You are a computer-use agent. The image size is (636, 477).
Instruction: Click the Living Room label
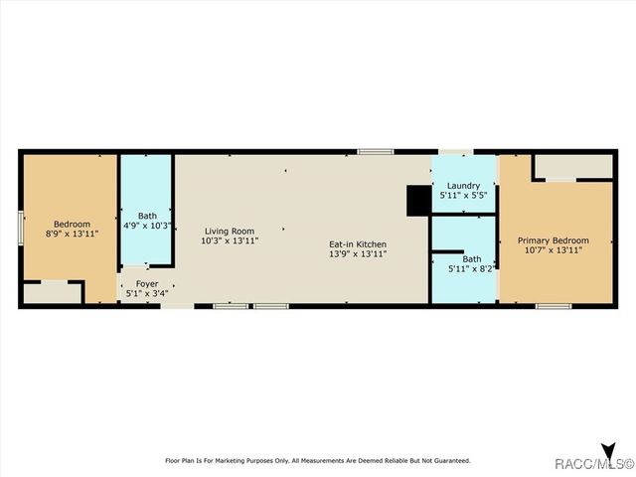(x=230, y=231)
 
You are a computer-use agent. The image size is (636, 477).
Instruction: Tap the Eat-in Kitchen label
(x=358, y=243)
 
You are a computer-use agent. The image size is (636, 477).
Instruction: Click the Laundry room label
(x=463, y=186)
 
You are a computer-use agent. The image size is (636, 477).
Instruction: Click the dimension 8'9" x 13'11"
(x=73, y=234)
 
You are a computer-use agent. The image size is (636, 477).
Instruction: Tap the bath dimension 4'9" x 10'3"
(x=147, y=226)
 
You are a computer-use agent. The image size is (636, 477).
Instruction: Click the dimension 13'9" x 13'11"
(x=358, y=254)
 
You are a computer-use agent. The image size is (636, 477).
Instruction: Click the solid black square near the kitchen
(x=418, y=200)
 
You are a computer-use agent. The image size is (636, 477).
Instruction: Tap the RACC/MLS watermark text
(x=595, y=464)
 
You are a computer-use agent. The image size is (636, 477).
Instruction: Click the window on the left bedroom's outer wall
(x=21, y=227)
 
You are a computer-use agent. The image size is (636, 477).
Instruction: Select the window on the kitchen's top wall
(x=376, y=151)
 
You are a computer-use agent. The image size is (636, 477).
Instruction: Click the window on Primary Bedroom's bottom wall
(x=554, y=305)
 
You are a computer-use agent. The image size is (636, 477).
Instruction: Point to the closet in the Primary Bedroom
(x=573, y=166)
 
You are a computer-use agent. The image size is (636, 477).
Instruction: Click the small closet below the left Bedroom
(x=52, y=292)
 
